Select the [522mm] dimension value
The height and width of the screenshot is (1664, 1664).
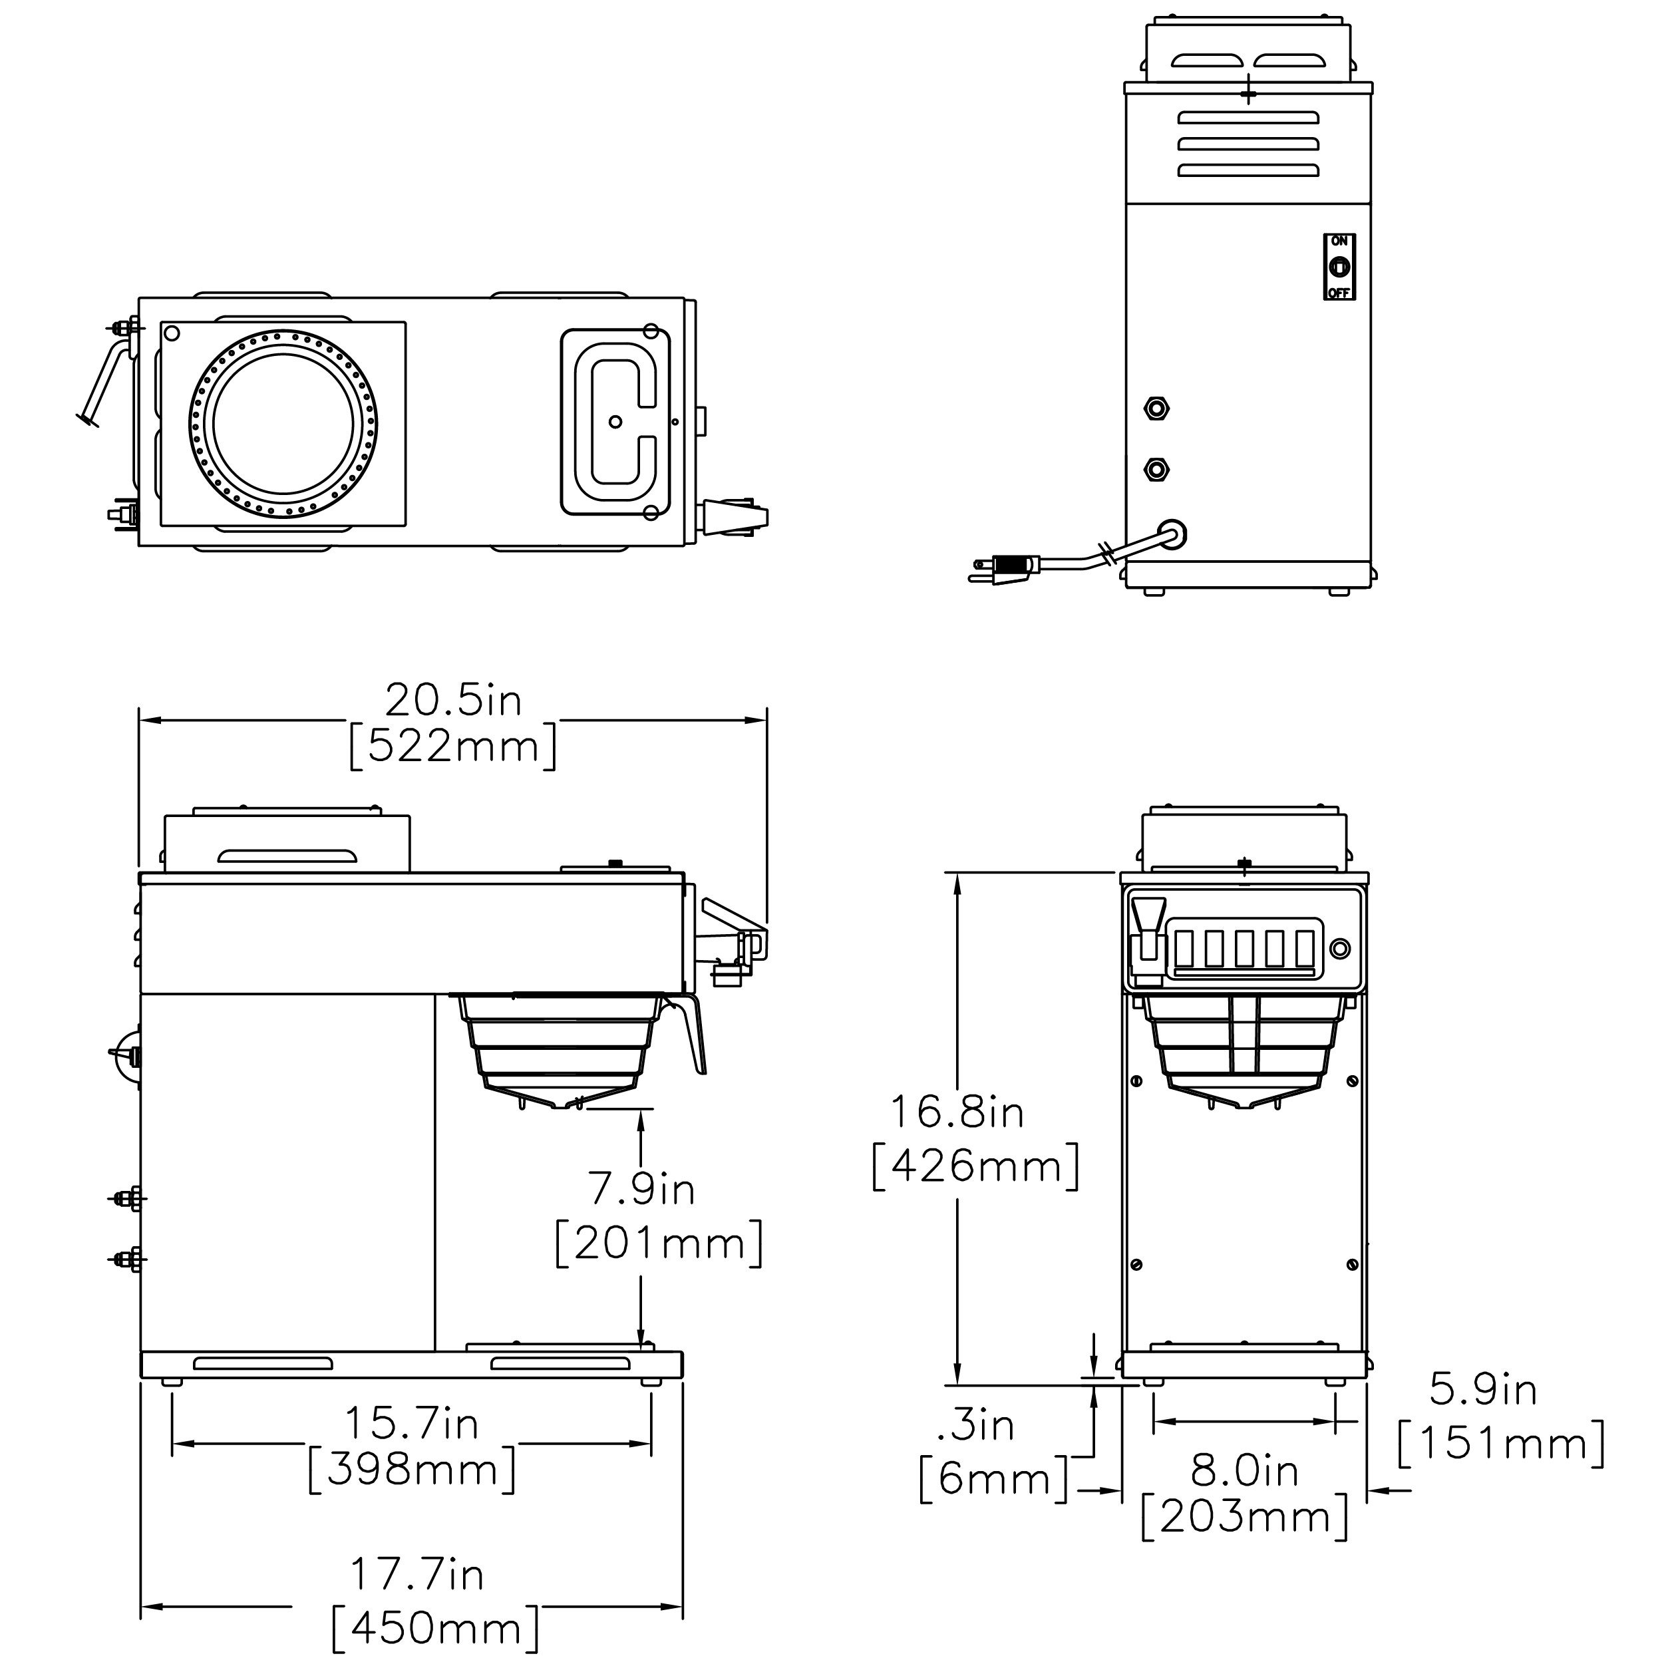click(x=453, y=747)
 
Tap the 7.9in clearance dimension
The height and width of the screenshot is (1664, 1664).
click(x=641, y=1188)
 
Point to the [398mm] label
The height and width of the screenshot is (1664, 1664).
click(x=412, y=1469)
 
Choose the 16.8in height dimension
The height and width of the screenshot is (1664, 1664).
click(x=957, y=1112)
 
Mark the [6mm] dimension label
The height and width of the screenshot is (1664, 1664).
click(x=993, y=1480)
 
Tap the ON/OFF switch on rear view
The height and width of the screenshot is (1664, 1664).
click(x=1339, y=267)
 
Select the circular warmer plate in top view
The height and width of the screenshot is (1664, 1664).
click(x=283, y=424)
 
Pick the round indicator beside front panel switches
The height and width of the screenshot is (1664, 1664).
click(x=1339, y=948)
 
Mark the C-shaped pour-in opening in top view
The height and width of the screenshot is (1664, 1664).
click(x=615, y=422)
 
